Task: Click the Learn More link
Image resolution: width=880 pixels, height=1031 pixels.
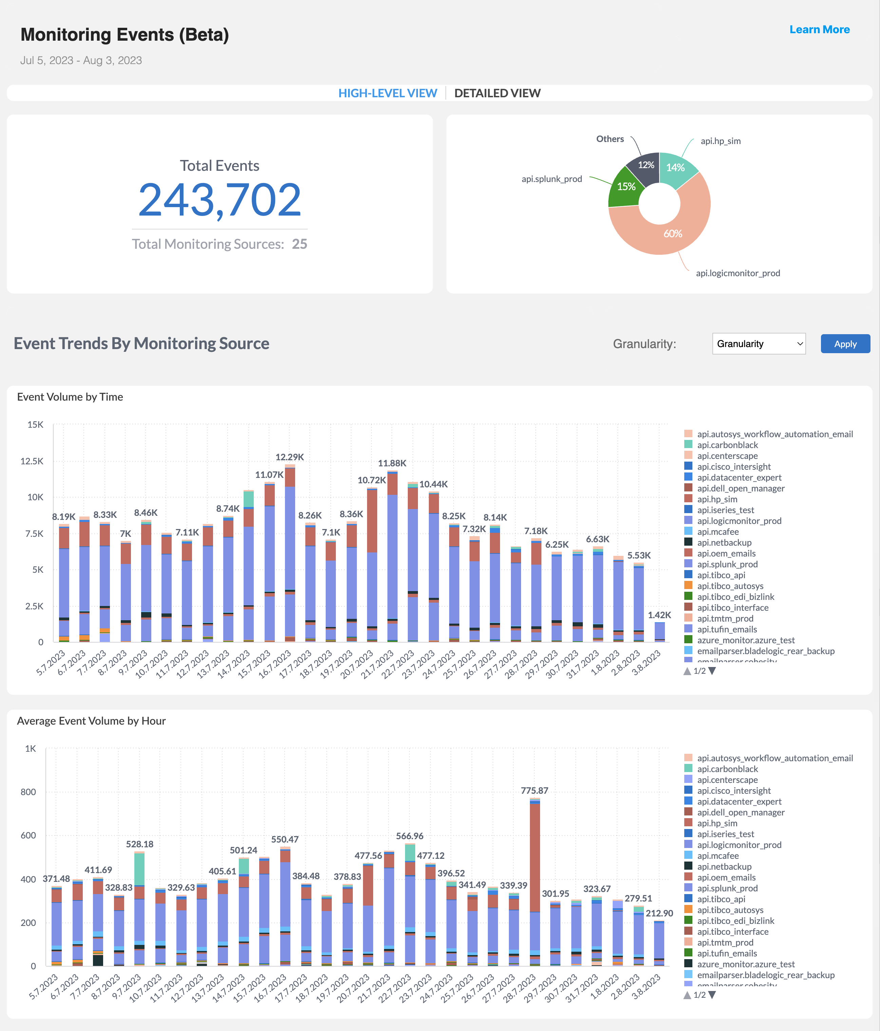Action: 819,29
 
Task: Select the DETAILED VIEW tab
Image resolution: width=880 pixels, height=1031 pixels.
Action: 497,93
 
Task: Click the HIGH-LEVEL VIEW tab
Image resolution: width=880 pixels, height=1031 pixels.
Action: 387,93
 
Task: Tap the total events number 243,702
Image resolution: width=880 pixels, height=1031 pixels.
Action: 219,200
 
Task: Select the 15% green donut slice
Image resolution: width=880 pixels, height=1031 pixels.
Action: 625,188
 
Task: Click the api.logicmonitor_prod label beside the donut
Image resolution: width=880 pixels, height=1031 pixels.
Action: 738,273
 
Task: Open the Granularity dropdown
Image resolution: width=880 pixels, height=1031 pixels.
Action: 759,344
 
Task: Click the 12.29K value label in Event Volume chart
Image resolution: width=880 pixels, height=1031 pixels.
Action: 289,457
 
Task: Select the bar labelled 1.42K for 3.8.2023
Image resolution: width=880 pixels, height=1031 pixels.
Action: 659,632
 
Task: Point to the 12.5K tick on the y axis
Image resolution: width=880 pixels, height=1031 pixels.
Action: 32,461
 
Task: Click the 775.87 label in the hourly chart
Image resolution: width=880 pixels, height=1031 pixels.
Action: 534,791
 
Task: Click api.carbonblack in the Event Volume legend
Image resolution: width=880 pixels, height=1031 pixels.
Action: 727,445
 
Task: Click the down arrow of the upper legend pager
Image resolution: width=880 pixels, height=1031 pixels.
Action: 712,671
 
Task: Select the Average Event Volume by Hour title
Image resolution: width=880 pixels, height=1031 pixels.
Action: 91,721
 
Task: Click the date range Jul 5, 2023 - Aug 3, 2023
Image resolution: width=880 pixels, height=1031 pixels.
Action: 81,60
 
